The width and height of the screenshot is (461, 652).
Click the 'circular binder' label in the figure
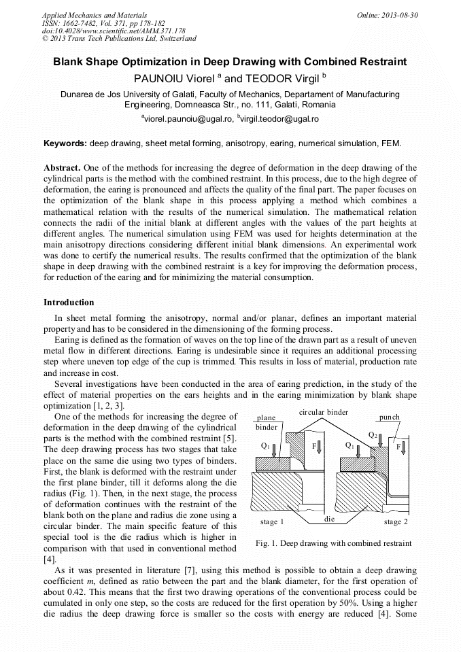(x=324, y=412)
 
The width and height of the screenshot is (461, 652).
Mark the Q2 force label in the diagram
(x=372, y=434)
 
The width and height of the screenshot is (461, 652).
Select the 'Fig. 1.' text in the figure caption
(x=267, y=543)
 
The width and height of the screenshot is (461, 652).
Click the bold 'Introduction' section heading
(x=69, y=302)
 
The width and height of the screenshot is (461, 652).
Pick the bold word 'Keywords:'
(x=65, y=144)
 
